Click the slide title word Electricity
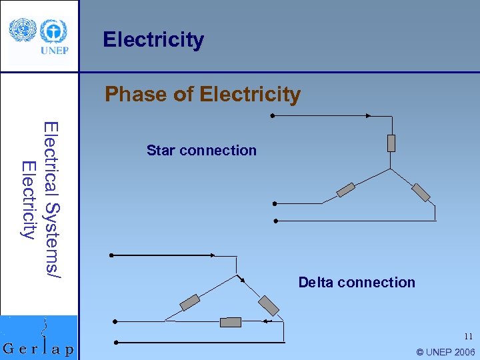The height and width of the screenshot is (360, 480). [153, 40]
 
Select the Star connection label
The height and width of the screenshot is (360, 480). [201, 151]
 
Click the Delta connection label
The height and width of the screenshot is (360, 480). [357, 283]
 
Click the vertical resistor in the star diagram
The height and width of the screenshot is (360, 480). [391, 143]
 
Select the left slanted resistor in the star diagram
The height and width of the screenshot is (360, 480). [346, 190]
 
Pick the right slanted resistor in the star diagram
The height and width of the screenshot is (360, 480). [421, 192]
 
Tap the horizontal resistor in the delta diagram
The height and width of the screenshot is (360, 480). [231, 322]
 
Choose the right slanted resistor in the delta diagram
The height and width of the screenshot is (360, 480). [269, 305]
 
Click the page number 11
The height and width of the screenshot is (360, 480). [468, 337]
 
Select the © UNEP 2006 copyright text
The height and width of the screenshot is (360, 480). [445, 352]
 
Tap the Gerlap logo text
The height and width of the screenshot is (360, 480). [39, 349]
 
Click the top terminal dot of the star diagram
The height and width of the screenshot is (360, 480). [272, 116]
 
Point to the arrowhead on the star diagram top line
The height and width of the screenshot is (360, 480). [367, 116]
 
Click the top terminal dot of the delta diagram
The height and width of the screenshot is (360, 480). [111, 255]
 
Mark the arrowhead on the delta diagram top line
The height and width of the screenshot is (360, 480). [212, 255]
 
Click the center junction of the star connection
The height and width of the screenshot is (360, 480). [391, 169]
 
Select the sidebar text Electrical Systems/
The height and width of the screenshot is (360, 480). [52, 199]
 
